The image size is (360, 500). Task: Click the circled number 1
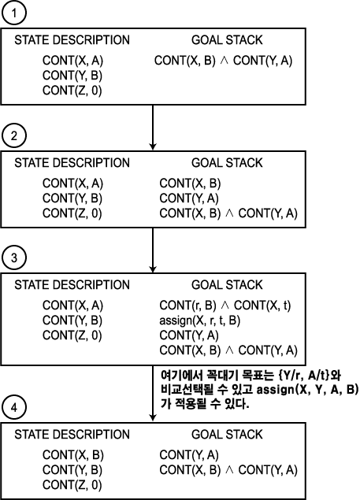coord(13,13)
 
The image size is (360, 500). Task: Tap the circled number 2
coord(13,136)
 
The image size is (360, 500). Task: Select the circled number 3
coord(13,257)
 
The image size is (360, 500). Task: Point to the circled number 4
coord(13,407)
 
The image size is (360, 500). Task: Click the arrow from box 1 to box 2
coord(153,128)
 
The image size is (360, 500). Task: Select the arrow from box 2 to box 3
coord(153,250)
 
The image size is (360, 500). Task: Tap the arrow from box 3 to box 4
coord(153,393)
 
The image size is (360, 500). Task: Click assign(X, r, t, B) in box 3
coord(200,320)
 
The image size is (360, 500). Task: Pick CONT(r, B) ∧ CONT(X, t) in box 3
coord(225,306)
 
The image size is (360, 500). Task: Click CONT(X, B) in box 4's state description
coord(73,454)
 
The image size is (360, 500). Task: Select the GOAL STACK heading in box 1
coord(227,40)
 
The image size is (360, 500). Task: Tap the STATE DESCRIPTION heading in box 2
coord(72,163)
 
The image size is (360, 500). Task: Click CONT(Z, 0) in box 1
coord(72,91)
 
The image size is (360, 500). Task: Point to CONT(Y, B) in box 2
coord(72,198)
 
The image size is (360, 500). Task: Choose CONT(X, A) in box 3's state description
coord(72,306)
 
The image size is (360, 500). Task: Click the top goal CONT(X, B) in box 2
coord(190,183)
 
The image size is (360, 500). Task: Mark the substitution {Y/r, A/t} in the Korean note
coord(303,376)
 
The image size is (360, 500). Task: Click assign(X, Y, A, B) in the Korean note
coord(307,390)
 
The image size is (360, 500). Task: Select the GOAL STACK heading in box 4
coord(227,435)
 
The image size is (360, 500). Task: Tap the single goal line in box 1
coord(224,61)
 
